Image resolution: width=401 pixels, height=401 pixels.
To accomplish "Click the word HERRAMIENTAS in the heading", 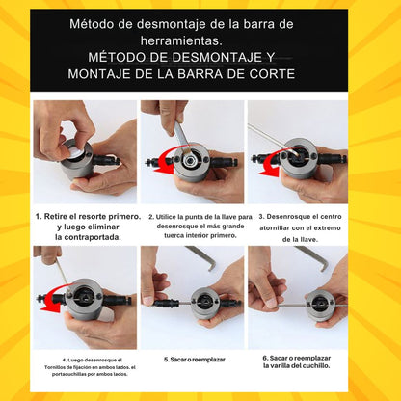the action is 181,40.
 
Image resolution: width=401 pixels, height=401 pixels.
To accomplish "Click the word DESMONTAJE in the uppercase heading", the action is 217,57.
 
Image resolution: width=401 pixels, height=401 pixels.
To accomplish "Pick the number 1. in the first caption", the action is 39,216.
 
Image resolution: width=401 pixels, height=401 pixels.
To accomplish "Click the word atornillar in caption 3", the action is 276,228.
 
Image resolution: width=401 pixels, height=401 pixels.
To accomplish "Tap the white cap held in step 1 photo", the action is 77,152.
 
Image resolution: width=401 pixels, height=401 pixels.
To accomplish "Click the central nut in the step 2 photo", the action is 190,159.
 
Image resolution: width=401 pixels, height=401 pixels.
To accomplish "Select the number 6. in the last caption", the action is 265,358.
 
